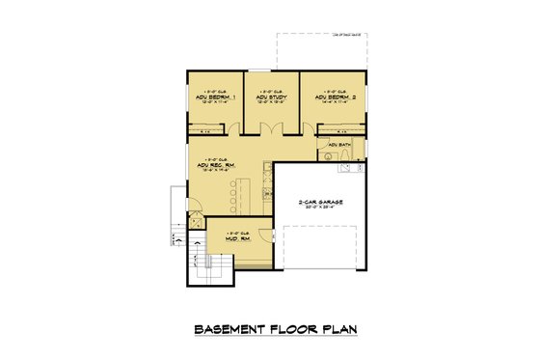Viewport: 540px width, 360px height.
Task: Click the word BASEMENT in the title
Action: pos(232,329)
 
